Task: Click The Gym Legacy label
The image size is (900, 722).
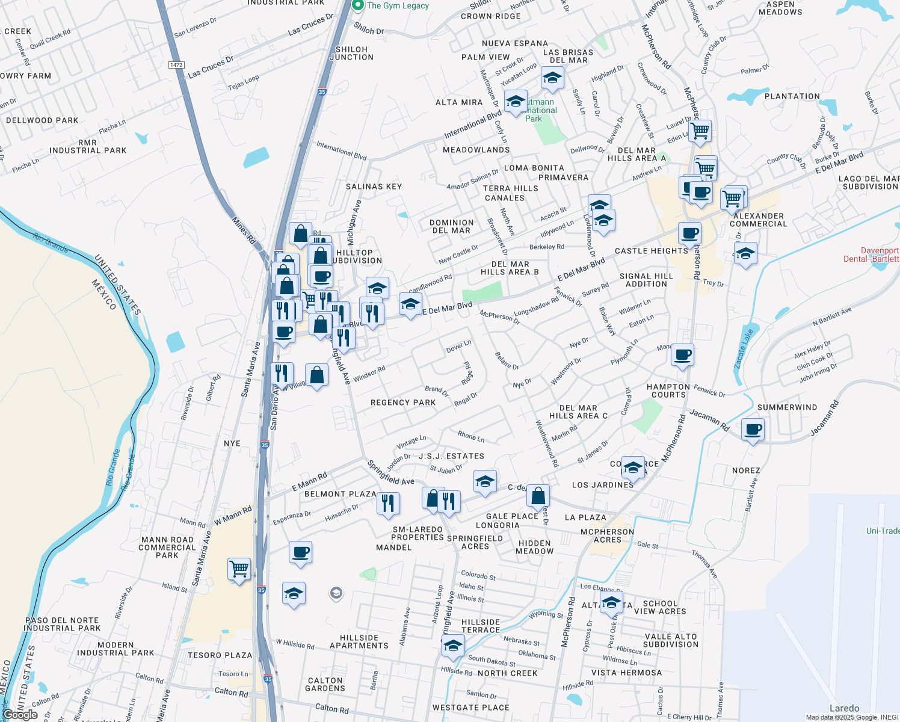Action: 398,5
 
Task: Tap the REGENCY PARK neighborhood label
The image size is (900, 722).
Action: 403,403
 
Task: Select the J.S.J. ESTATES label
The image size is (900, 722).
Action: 451,456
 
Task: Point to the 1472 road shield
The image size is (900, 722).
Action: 176,65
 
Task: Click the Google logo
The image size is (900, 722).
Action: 20,715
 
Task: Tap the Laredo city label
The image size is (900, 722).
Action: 844,708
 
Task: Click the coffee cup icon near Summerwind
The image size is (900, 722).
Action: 753,430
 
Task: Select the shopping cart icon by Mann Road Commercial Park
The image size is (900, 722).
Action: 239,568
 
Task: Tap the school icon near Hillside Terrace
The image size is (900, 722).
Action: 452,646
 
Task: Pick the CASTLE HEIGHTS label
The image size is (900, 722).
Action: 651,251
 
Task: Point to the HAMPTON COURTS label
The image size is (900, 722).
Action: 668,391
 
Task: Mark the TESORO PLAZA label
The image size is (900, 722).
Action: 220,655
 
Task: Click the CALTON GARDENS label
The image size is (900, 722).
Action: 325,685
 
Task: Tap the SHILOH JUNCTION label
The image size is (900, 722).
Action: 351,54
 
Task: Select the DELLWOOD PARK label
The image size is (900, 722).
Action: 42,120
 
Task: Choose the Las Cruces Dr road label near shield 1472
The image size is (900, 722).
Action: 211,67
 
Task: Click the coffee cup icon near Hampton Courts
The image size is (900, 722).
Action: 682,355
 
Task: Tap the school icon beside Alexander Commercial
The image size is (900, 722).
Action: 745,253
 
